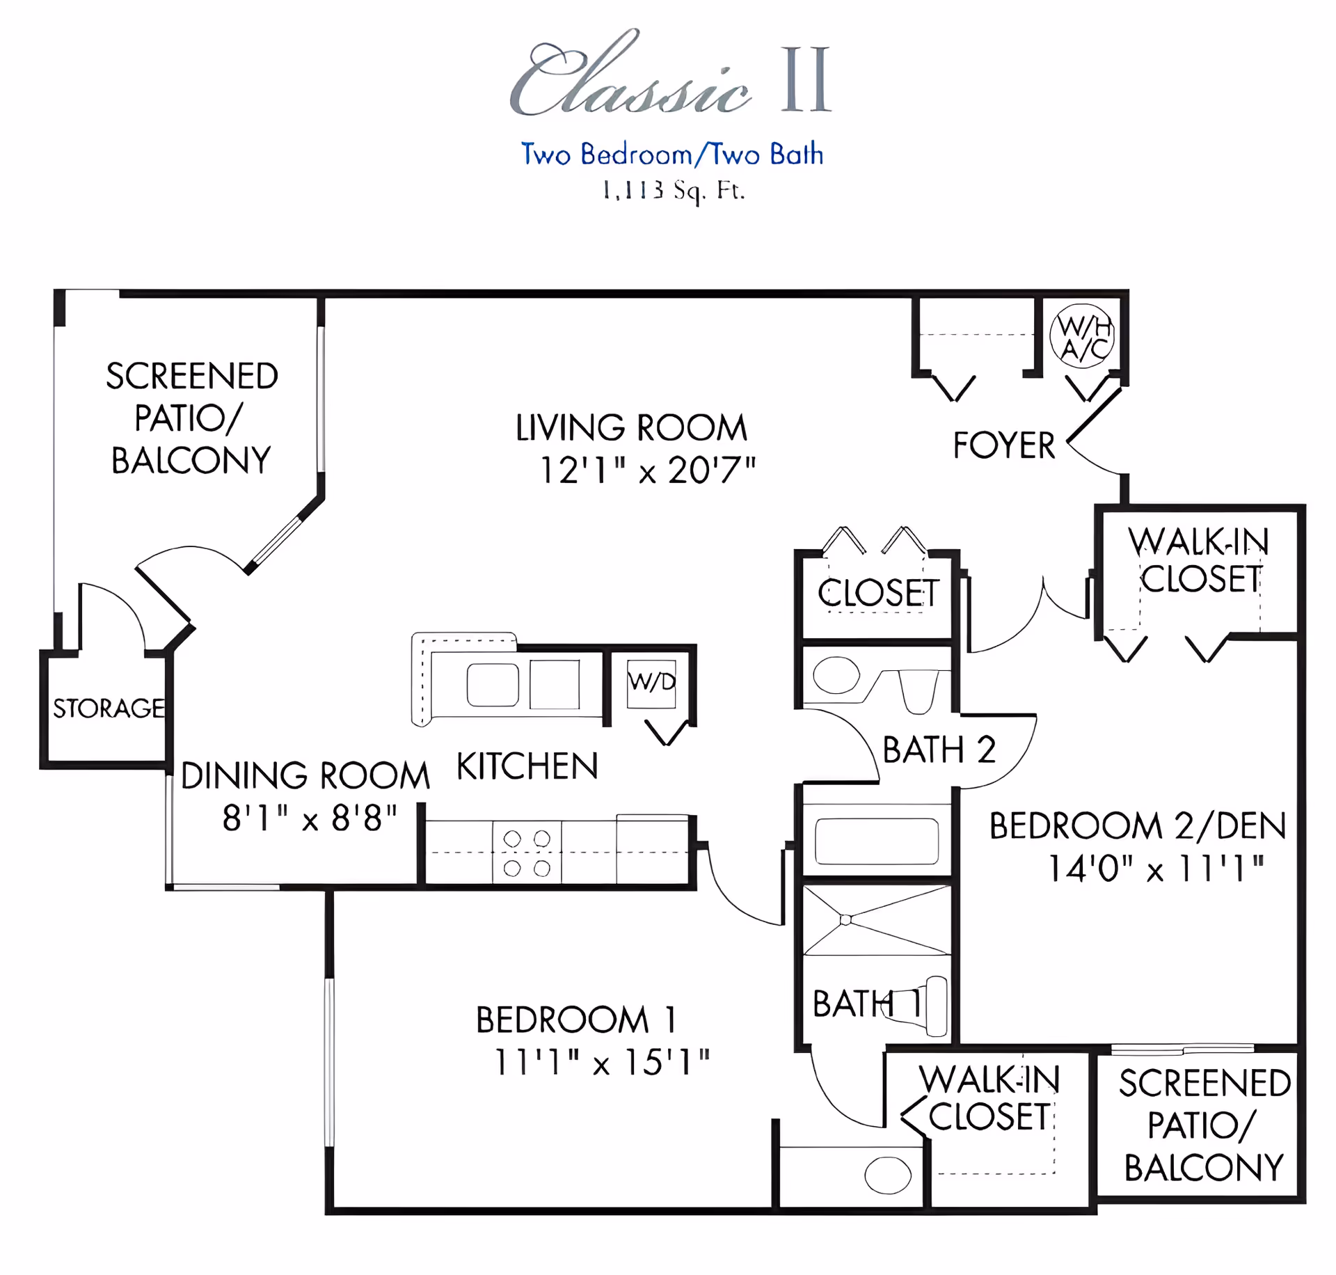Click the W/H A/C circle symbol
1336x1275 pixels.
pyautogui.click(x=1081, y=335)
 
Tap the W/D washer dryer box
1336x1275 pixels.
pyautogui.click(x=651, y=683)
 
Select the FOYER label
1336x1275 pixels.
pyautogui.click(x=1003, y=445)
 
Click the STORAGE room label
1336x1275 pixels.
pyautogui.click(x=109, y=708)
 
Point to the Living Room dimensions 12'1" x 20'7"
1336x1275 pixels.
pyautogui.click(x=648, y=470)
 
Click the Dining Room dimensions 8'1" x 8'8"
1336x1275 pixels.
pyautogui.click(x=310, y=818)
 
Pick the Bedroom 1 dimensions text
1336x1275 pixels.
pyautogui.click(x=602, y=1063)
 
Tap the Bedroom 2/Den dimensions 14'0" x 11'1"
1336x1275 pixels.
pyautogui.click(x=1156, y=869)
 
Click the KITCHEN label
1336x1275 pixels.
pyautogui.click(x=527, y=766)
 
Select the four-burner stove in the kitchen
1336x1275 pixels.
pyautogui.click(x=527, y=853)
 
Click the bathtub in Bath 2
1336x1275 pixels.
pyautogui.click(x=877, y=841)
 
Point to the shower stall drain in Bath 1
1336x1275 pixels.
pyautogui.click(x=846, y=920)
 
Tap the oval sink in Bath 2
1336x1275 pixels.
pyautogui.click(x=836, y=675)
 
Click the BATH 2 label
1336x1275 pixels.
pyautogui.click(x=939, y=750)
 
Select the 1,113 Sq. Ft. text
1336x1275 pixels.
pyautogui.click(x=674, y=190)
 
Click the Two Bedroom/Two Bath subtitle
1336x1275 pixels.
pyautogui.click(x=672, y=154)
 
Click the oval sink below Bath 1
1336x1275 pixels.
pyautogui.click(x=888, y=1175)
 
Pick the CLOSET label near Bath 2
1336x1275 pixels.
pyautogui.click(x=878, y=593)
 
